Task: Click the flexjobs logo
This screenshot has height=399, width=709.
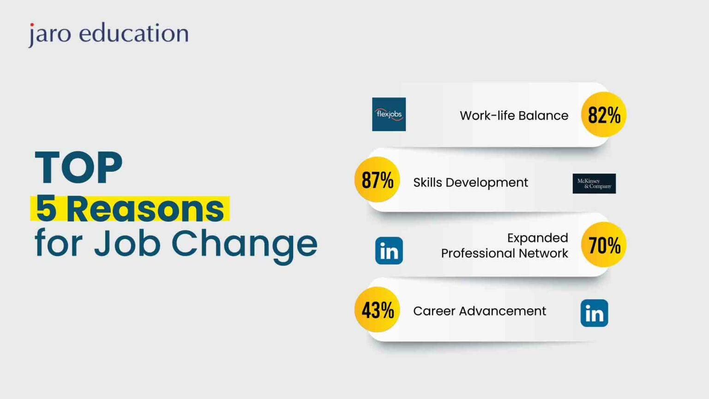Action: tap(389, 114)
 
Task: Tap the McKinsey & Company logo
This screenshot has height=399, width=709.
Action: tap(594, 183)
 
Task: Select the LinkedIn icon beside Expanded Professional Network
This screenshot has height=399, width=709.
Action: tap(389, 251)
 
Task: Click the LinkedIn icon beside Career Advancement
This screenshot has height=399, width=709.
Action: tap(594, 313)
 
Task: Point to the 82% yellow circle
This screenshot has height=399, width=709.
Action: tap(604, 115)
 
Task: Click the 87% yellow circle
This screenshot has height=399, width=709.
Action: tap(377, 180)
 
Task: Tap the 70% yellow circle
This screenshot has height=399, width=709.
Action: tap(604, 245)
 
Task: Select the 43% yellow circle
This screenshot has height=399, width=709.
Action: tap(377, 309)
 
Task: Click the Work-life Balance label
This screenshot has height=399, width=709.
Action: tap(514, 115)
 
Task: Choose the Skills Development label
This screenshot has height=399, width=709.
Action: tap(470, 182)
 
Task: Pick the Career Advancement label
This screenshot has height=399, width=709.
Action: tap(480, 311)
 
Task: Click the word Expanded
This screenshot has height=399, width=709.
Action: tap(537, 238)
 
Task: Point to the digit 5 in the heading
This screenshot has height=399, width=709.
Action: tap(46, 209)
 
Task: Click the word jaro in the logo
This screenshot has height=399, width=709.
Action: tap(49, 34)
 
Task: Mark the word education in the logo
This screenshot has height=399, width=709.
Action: tap(134, 33)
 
